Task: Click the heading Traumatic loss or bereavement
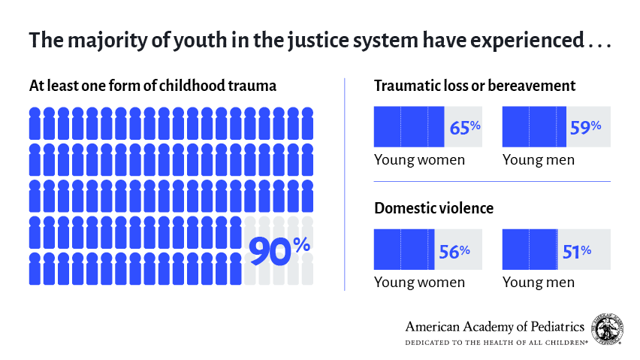[475, 86]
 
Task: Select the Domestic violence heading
[433, 208]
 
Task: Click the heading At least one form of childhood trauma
[152, 86]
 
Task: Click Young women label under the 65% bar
[419, 159]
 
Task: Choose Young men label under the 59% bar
[538, 159]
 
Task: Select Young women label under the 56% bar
[419, 283]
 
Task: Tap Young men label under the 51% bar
[538, 283]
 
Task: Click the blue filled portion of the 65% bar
[409, 127]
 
